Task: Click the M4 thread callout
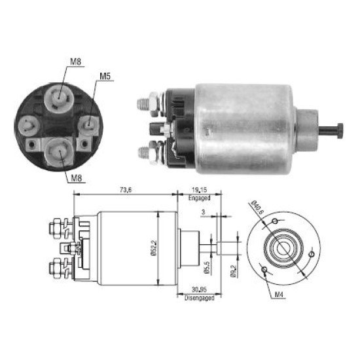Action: pyautogui.click(x=281, y=295)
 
